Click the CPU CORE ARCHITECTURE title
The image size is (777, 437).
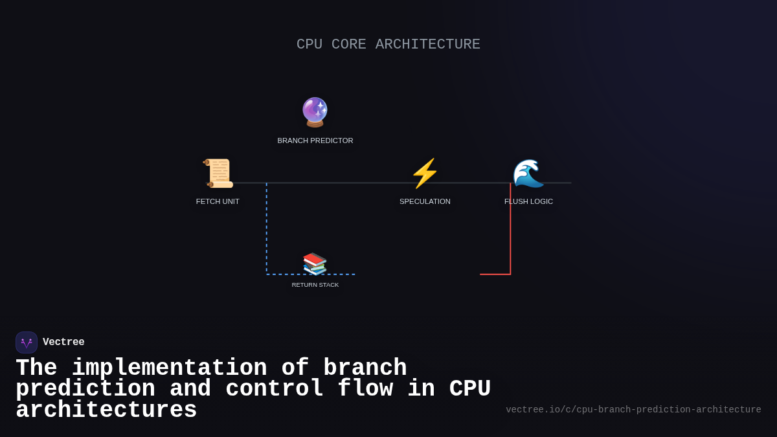(x=388, y=45)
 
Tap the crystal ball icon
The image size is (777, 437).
(x=315, y=112)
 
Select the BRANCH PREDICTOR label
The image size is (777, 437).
(x=315, y=140)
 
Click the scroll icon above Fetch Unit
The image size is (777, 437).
(x=218, y=173)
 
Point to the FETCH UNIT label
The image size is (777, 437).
(x=218, y=201)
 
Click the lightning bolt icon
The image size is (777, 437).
(x=425, y=173)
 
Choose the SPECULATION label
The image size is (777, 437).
(x=425, y=201)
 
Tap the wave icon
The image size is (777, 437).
(x=528, y=173)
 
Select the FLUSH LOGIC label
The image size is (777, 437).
(x=528, y=201)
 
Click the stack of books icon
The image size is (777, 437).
(x=315, y=263)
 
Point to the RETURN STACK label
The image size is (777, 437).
(x=315, y=285)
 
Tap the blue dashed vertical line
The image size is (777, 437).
(x=267, y=227)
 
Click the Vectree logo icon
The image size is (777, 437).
(x=27, y=342)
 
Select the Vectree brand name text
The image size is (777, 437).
(x=63, y=342)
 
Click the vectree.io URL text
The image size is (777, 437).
(x=633, y=410)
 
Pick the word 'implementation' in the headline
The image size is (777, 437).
(x=169, y=368)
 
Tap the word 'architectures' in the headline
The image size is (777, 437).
(x=106, y=410)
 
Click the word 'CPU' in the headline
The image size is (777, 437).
(x=470, y=389)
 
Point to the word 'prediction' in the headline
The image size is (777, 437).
(x=85, y=389)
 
